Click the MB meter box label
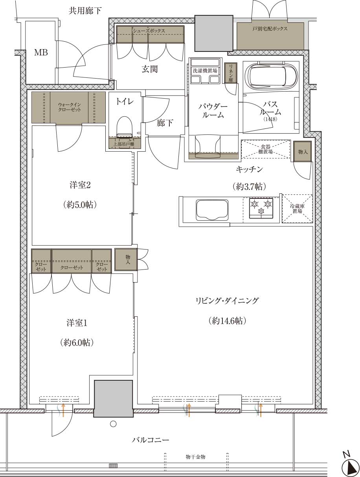41,53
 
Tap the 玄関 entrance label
150,69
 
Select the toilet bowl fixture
125,127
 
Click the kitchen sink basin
212,210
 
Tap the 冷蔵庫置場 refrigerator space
297,209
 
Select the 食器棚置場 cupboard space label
266,149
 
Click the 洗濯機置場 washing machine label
205,71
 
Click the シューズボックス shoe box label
149,31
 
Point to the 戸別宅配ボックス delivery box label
270,28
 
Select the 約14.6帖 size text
227,327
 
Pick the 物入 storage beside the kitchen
303,151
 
